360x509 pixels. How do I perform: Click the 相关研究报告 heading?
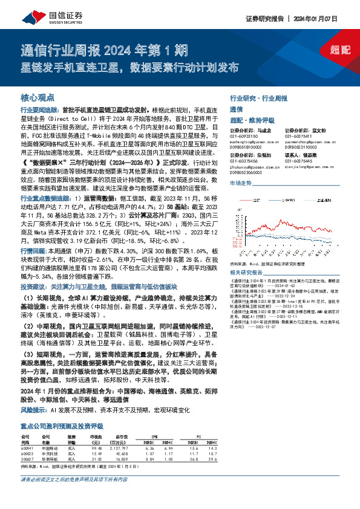coord(248,256)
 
